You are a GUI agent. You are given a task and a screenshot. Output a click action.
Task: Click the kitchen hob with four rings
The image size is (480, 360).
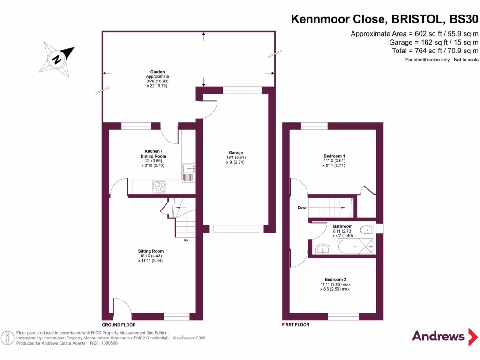[x=159, y=186]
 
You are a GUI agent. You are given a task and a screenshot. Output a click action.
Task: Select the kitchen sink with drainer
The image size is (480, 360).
[x=188, y=172]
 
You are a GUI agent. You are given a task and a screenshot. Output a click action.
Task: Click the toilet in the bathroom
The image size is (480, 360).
[x=367, y=230]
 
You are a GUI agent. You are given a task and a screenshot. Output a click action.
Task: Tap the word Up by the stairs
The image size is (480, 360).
[x=186, y=240]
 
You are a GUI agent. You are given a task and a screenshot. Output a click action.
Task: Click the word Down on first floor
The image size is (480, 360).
[x=302, y=207]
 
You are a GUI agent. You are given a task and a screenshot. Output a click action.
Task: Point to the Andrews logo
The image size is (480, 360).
[x=438, y=336]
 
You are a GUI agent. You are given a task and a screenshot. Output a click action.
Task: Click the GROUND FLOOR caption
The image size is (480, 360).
[x=119, y=325]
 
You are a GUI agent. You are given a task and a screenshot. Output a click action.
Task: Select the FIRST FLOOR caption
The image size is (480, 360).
[x=295, y=325]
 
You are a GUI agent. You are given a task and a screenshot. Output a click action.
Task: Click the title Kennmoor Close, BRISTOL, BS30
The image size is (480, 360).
[x=385, y=19]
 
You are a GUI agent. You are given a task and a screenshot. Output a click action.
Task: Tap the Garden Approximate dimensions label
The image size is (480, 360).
[x=157, y=79]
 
